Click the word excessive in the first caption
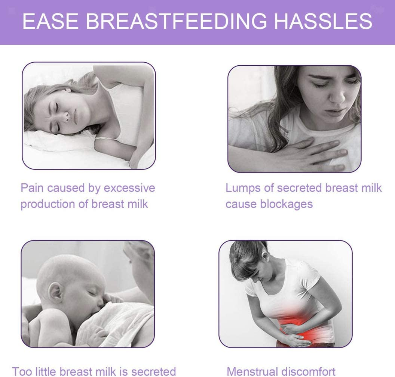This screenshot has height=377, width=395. [129, 188]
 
